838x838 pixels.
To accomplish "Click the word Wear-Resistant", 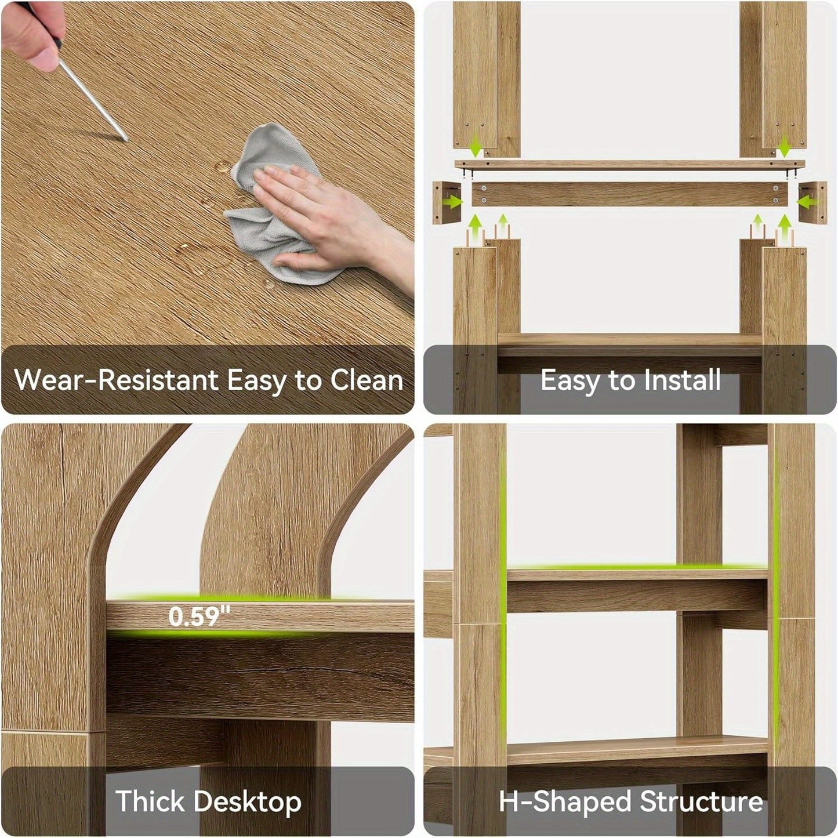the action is tap(116, 380).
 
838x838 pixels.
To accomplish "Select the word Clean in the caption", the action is tap(367, 380).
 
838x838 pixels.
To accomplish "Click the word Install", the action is tap(682, 380).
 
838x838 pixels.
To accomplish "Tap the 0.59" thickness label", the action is tap(199, 616).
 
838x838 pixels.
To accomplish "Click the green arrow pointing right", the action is tap(454, 202).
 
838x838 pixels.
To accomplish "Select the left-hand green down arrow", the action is tap(477, 146).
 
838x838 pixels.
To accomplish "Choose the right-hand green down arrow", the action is tap(784, 146).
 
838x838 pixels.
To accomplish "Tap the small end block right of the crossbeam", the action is tap(812, 202).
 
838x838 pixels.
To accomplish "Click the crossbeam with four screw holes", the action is tap(629, 194).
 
